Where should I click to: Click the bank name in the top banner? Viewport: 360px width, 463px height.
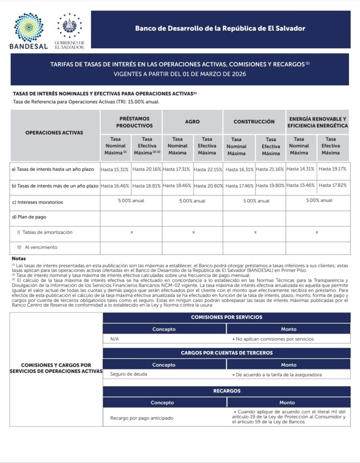(x=220, y=28)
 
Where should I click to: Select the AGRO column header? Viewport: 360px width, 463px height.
(x=192, y=122)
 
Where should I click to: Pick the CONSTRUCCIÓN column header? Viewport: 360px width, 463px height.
(x=254, y=122)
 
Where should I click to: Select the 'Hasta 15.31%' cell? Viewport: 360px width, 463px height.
(x=115, y=169)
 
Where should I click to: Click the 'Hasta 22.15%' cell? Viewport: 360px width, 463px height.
(x=208, y=170)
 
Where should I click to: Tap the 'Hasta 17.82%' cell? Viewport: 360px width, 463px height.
(x=332, y=185)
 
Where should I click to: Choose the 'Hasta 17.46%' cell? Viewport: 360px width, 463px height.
(x=239, y=185)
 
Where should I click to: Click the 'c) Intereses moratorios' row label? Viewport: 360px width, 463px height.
(x=37, y=202)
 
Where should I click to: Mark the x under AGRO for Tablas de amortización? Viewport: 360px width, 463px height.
(x=193, y=232)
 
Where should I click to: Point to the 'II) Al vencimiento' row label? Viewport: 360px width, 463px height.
(x=38, y=247)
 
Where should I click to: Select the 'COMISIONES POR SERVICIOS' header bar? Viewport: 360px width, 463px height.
(x=226, y=317)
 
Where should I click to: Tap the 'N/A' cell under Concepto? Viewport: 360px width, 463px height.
(x=115, y=339)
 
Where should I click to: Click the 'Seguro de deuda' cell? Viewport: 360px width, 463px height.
(x=129, y=374)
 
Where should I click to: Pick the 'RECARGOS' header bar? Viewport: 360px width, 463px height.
(x=226, y=391)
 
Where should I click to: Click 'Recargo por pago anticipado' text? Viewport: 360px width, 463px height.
(x=142, y=418)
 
